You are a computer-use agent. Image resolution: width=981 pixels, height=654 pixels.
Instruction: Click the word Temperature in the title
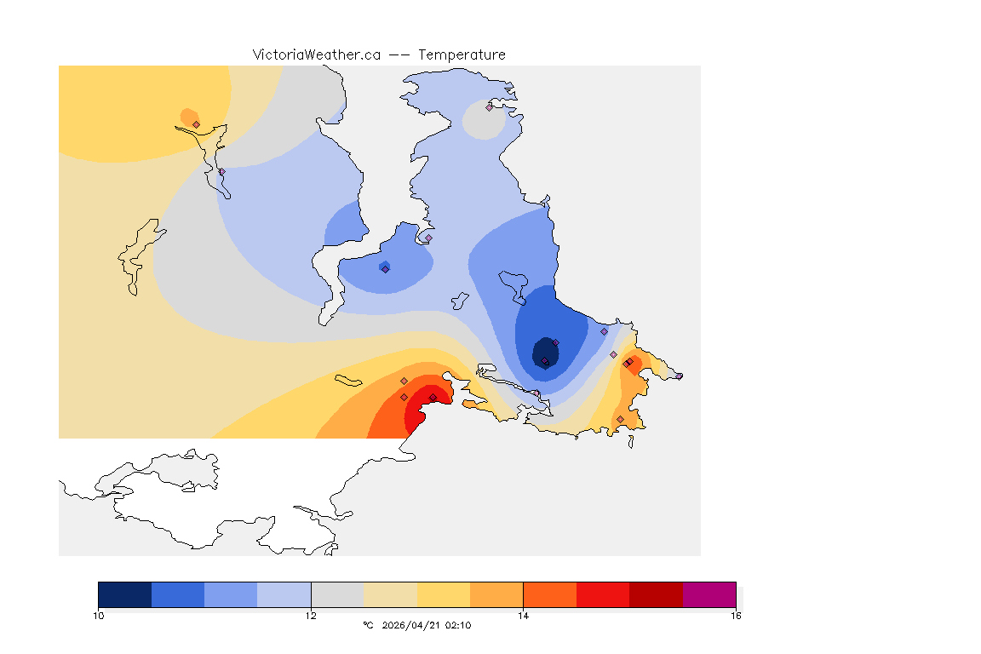point(462,54)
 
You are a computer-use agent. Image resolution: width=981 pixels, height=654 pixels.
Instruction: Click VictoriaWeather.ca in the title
point(316,54)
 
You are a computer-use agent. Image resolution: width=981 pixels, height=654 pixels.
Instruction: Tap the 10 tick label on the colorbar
point(98,615)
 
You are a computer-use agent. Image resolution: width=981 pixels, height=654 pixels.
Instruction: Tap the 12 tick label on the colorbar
point(311,615)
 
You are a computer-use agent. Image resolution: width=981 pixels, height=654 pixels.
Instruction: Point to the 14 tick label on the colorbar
point(523,615)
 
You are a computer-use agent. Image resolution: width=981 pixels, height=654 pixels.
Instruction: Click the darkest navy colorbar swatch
point(124,594)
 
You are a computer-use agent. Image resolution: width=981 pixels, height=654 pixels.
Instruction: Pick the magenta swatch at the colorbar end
point(709,594)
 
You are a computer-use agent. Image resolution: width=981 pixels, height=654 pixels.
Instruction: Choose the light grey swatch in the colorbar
point(337,594)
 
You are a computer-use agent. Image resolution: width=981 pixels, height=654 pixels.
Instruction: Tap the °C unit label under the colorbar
point(368,625)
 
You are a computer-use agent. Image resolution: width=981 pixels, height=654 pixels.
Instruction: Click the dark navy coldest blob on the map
point(544,351)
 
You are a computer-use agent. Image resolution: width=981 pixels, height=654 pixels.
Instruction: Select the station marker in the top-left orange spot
point(196,124)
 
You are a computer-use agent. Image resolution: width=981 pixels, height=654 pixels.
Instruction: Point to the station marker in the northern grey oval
point(489,107)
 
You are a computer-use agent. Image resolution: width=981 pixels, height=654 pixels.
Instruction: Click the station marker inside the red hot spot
point(433,398)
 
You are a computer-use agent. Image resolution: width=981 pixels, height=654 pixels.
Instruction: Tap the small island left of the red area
point(349,379)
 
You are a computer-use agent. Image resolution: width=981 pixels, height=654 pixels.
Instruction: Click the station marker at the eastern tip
point(679,376)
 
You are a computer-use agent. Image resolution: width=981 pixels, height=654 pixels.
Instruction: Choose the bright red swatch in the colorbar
point(603,594)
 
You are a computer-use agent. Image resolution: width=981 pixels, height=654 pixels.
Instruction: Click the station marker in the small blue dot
point(385,269)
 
